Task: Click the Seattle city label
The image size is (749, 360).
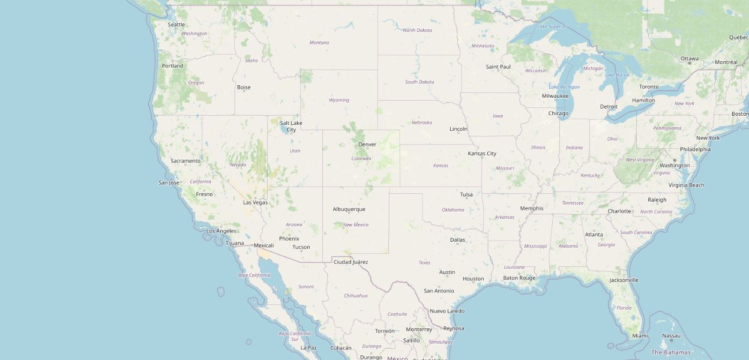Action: tap(176, 25)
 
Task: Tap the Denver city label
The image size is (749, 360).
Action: tap(367, 145)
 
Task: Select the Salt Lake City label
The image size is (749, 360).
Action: tap(291, 126)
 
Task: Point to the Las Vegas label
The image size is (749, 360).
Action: tap(255, 203)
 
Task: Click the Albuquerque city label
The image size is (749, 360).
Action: tap(349, 209)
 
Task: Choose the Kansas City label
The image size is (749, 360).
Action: tap(482, 154)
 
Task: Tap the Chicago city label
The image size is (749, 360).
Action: tap(558, 113)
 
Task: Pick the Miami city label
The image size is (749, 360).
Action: tap(640, 335)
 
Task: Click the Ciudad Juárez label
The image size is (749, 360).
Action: tap(350, 262)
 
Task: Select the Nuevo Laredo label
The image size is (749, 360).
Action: tap(447, 311)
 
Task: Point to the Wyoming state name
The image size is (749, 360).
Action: tap(339, 100)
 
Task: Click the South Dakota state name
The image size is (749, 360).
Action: tap(420, 82)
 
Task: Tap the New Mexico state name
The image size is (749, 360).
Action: tap(356, 225)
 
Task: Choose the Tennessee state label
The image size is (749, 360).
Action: tap(573, 203)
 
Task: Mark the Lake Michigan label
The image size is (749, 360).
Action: tap(565, 87)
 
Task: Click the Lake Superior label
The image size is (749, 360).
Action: tap(552, 26)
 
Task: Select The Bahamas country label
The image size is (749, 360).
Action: tap(671, 352)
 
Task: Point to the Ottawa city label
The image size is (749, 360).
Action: tap(690, 59)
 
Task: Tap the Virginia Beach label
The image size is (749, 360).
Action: tap(687, 185)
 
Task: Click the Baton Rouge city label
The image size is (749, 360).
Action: tap(519, 278)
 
